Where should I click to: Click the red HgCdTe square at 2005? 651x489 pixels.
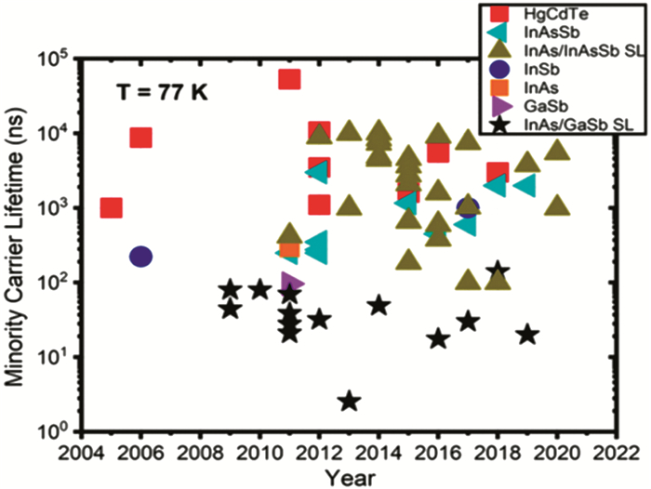[x=111, y=207]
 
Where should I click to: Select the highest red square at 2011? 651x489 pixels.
[x=289, y=79]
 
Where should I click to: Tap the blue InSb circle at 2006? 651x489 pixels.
[x=140, y=256]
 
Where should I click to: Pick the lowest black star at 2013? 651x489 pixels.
[x=349, y=401]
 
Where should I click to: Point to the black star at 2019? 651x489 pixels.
[x=527, y=334]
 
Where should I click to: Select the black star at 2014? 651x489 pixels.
[x=379, y=305]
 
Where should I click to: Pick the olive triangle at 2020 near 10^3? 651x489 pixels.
[x=557, y=205]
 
